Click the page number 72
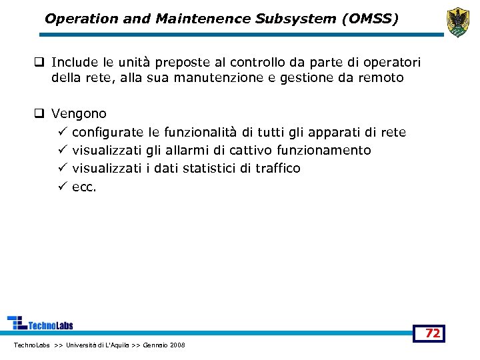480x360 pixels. [x=433, y=333]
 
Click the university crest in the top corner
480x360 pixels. [x=457, y=22]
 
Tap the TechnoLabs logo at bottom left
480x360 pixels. [x=40, y=323]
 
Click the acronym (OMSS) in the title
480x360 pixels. [x=369, y=19]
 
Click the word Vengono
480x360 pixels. [x=79, y=114]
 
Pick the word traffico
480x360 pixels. [x=278, y=168]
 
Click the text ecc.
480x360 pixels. [x=84, y=187]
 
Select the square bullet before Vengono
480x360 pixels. [x=40, y=114]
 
